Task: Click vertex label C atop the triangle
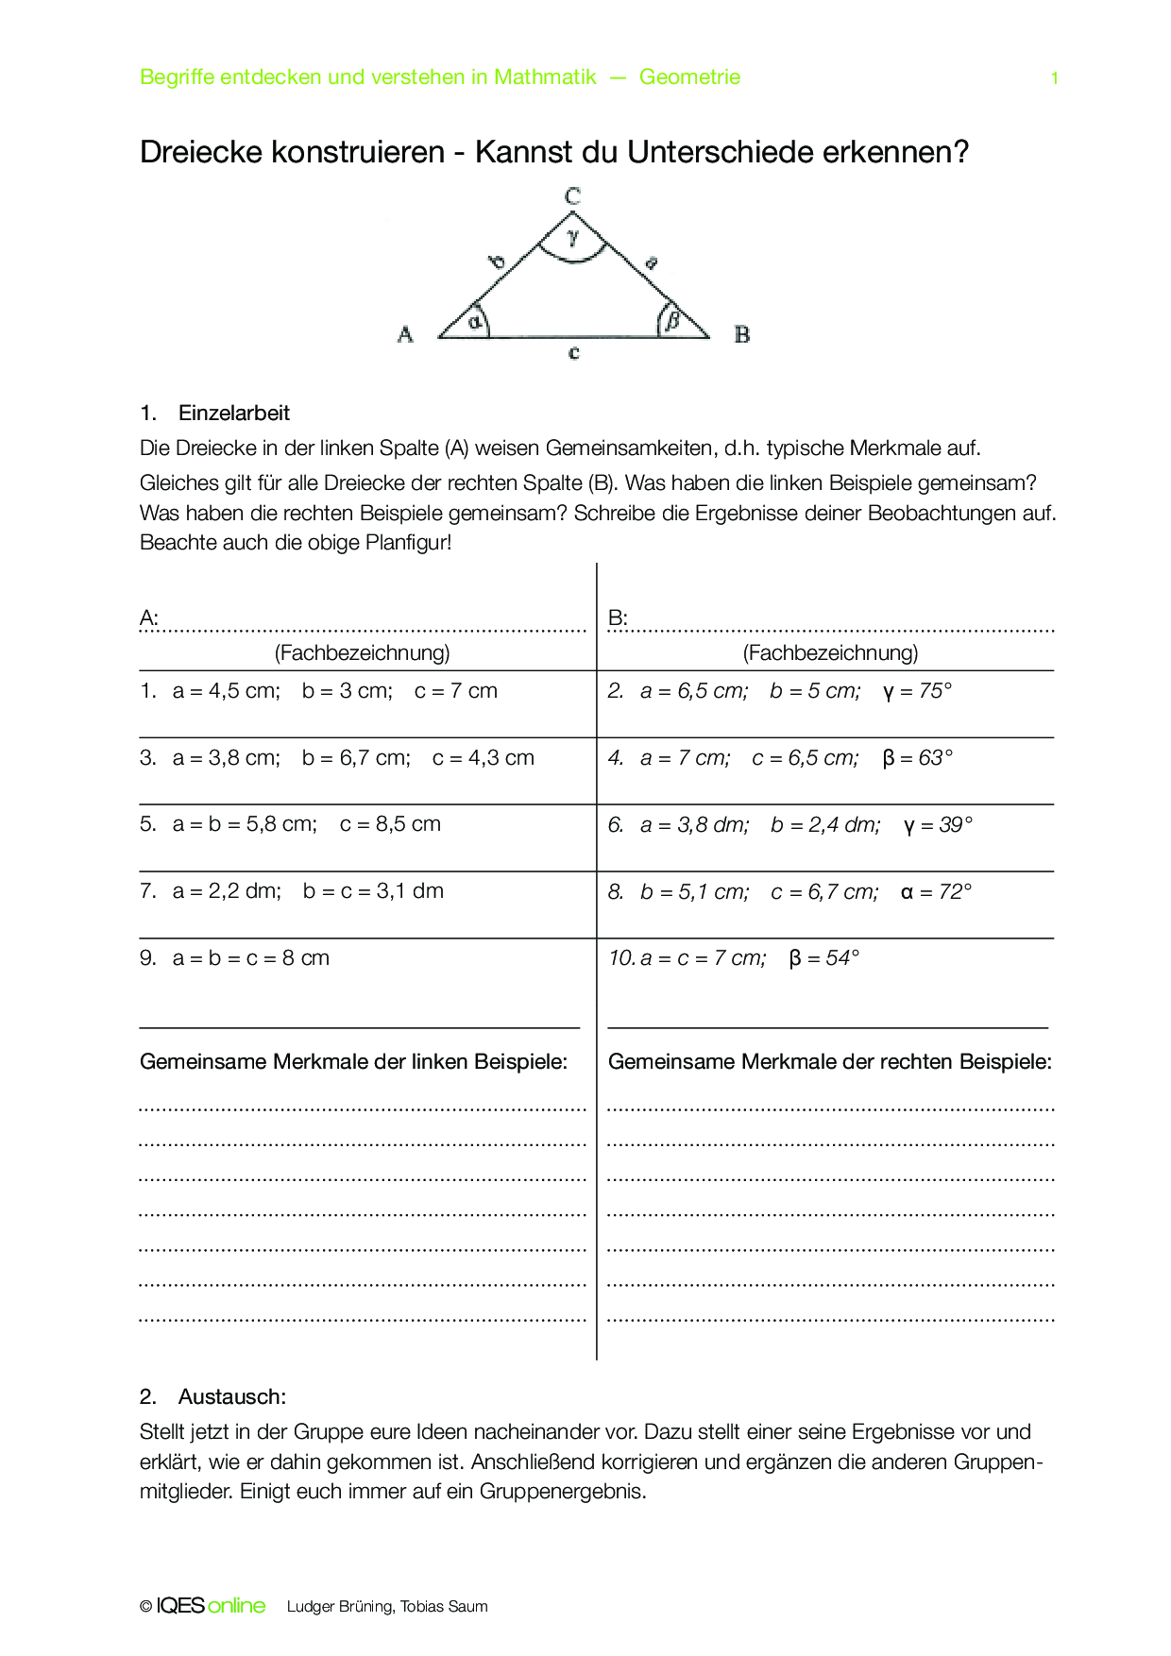pos(572,196)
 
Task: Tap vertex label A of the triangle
pos(405,334)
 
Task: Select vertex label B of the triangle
pos(742,334)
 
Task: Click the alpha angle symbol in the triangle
pos(475,321)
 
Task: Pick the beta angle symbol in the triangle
pos(672,320)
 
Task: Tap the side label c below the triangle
pos(574,353)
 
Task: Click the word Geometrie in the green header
pos(689,77)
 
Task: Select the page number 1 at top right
pos(1055,78)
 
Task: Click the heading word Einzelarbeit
pos(234,413)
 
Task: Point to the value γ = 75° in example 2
pos(918,691)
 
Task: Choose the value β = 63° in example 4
pos(918,758)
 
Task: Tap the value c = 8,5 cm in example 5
pos(390,824)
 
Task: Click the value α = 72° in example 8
pos(936,892)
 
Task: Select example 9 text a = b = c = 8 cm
pos(251,958)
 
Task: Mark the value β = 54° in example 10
pos(824,958)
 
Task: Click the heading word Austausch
pos(231,1396)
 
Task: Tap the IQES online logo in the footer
pos(211,1606)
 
